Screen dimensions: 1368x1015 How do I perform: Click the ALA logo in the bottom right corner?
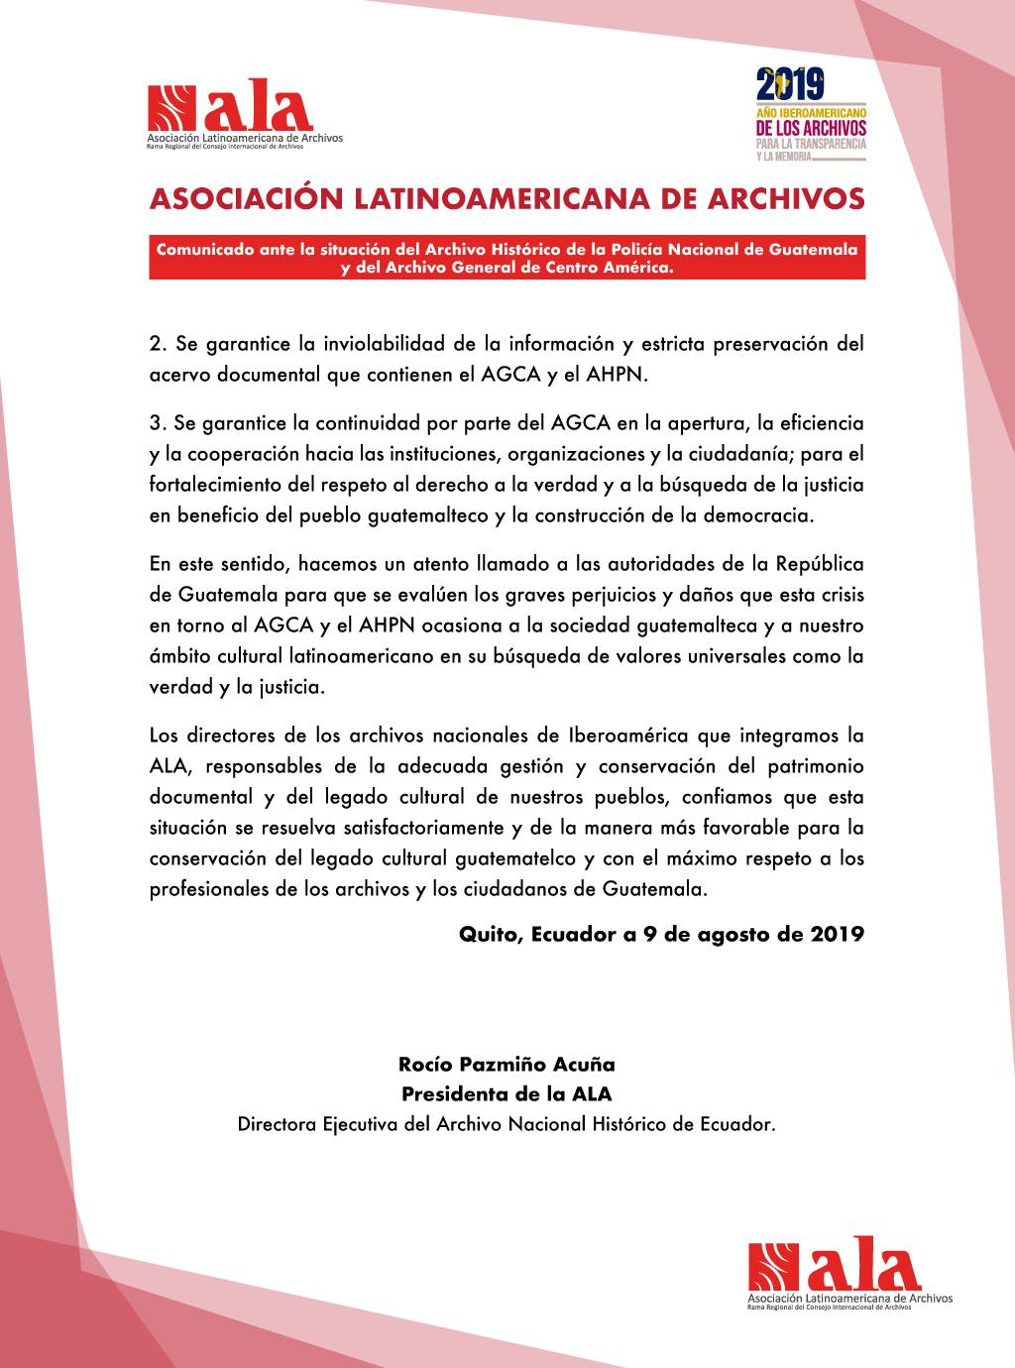click(x=848, y=1272)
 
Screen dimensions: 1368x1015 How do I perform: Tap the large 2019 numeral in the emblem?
click(x=790, y=85)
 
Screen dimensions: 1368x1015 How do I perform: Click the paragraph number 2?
click(x=157, y=344)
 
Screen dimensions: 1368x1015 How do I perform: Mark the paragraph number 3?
click(x=157, y=423)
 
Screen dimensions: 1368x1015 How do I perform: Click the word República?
click(x=820, y=564)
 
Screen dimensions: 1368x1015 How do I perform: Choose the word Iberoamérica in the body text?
click(x=628, y=736)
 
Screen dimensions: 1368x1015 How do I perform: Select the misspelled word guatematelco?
click(x=515, y=858)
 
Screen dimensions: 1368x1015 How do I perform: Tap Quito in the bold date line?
click(x=489, y=935)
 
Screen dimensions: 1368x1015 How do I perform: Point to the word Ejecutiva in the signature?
click(x=360, y=1124)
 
